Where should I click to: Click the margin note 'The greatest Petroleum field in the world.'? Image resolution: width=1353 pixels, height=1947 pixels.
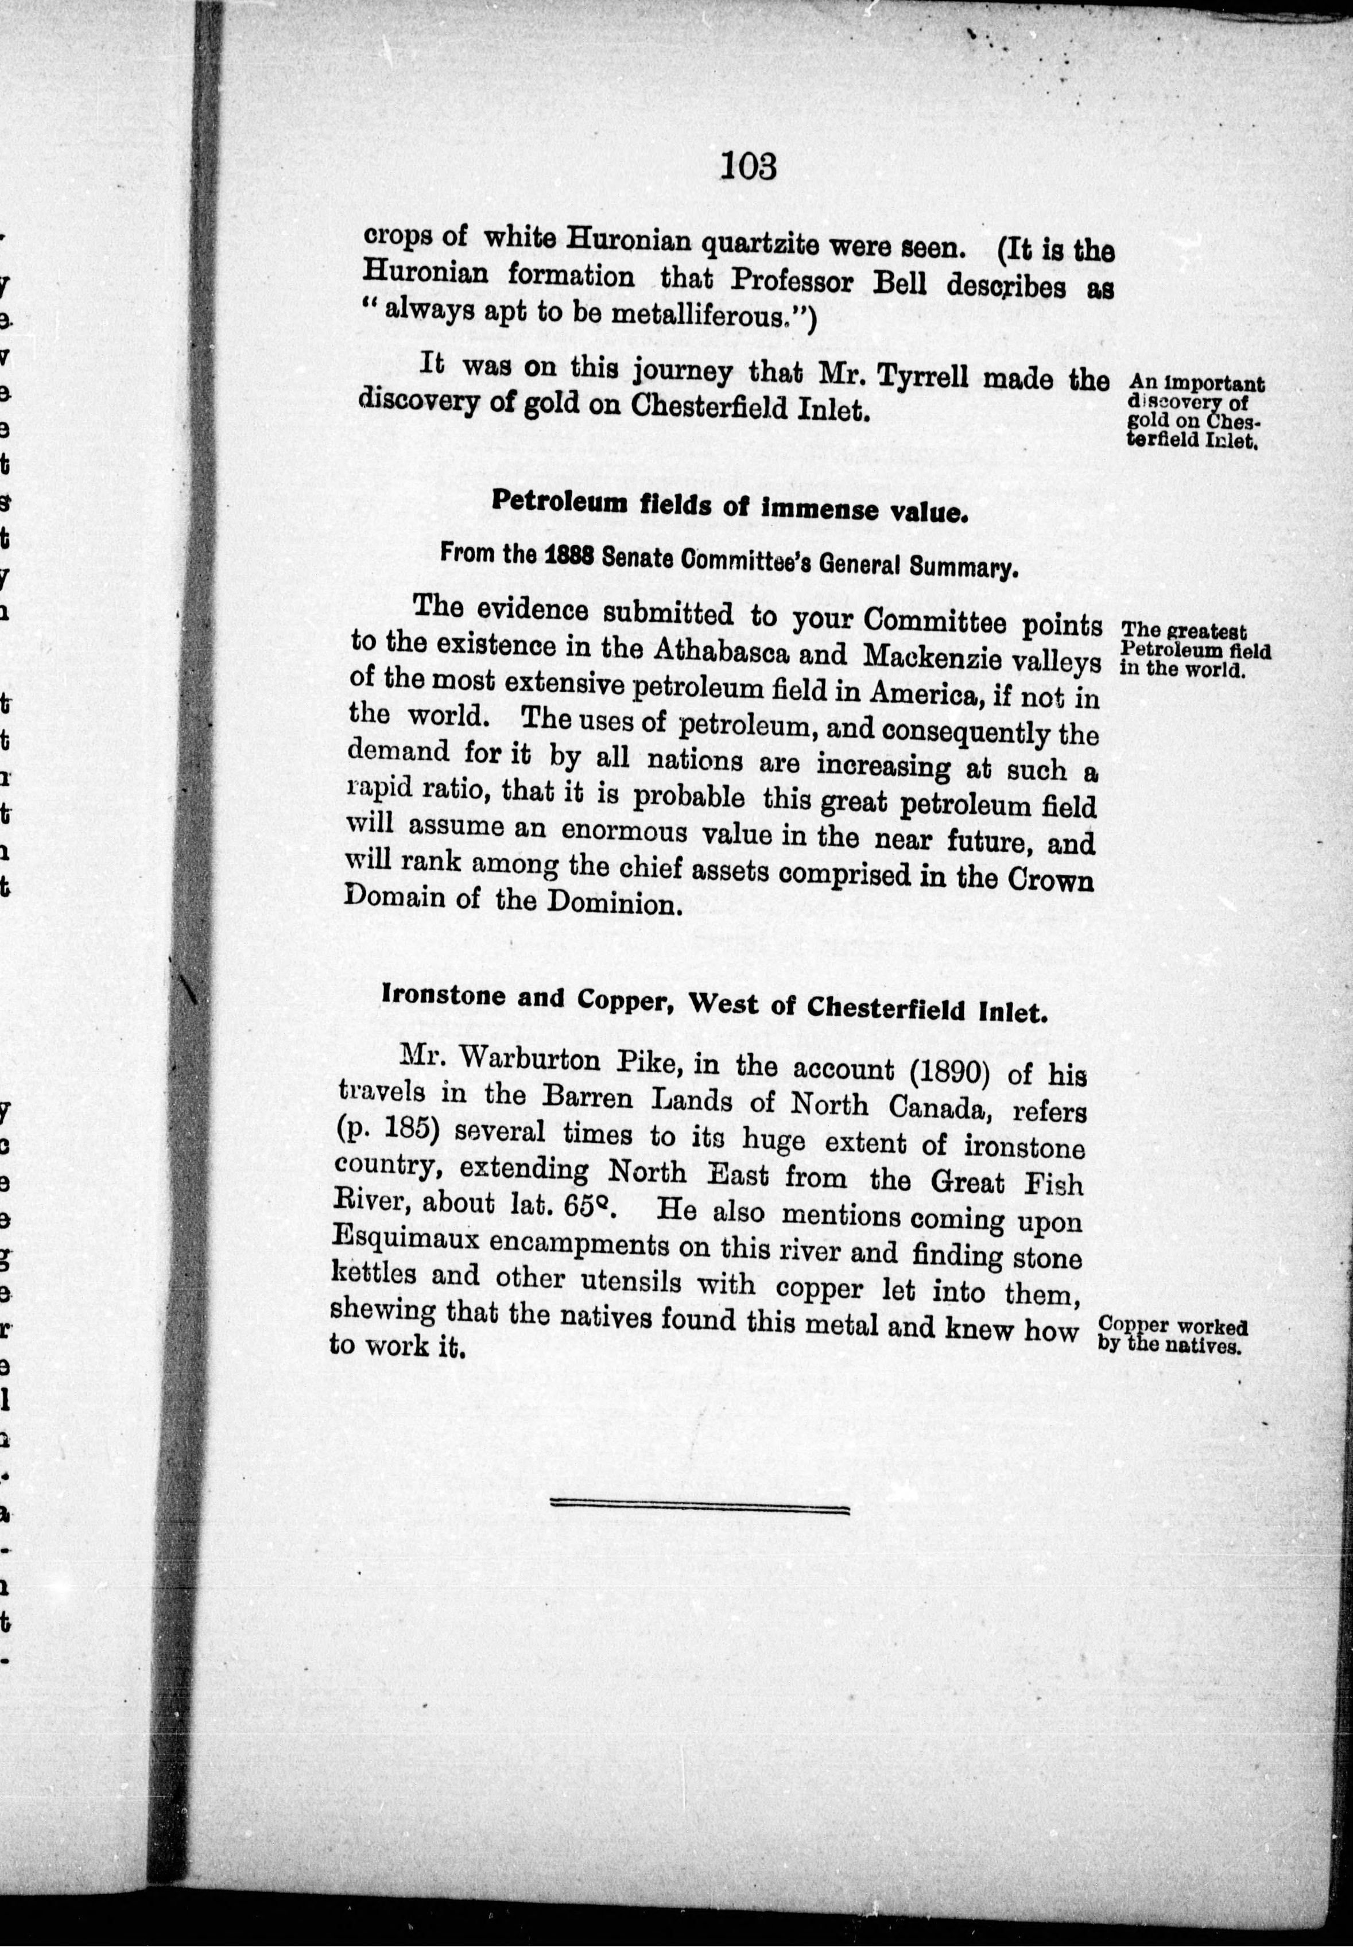(1195, 649)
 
